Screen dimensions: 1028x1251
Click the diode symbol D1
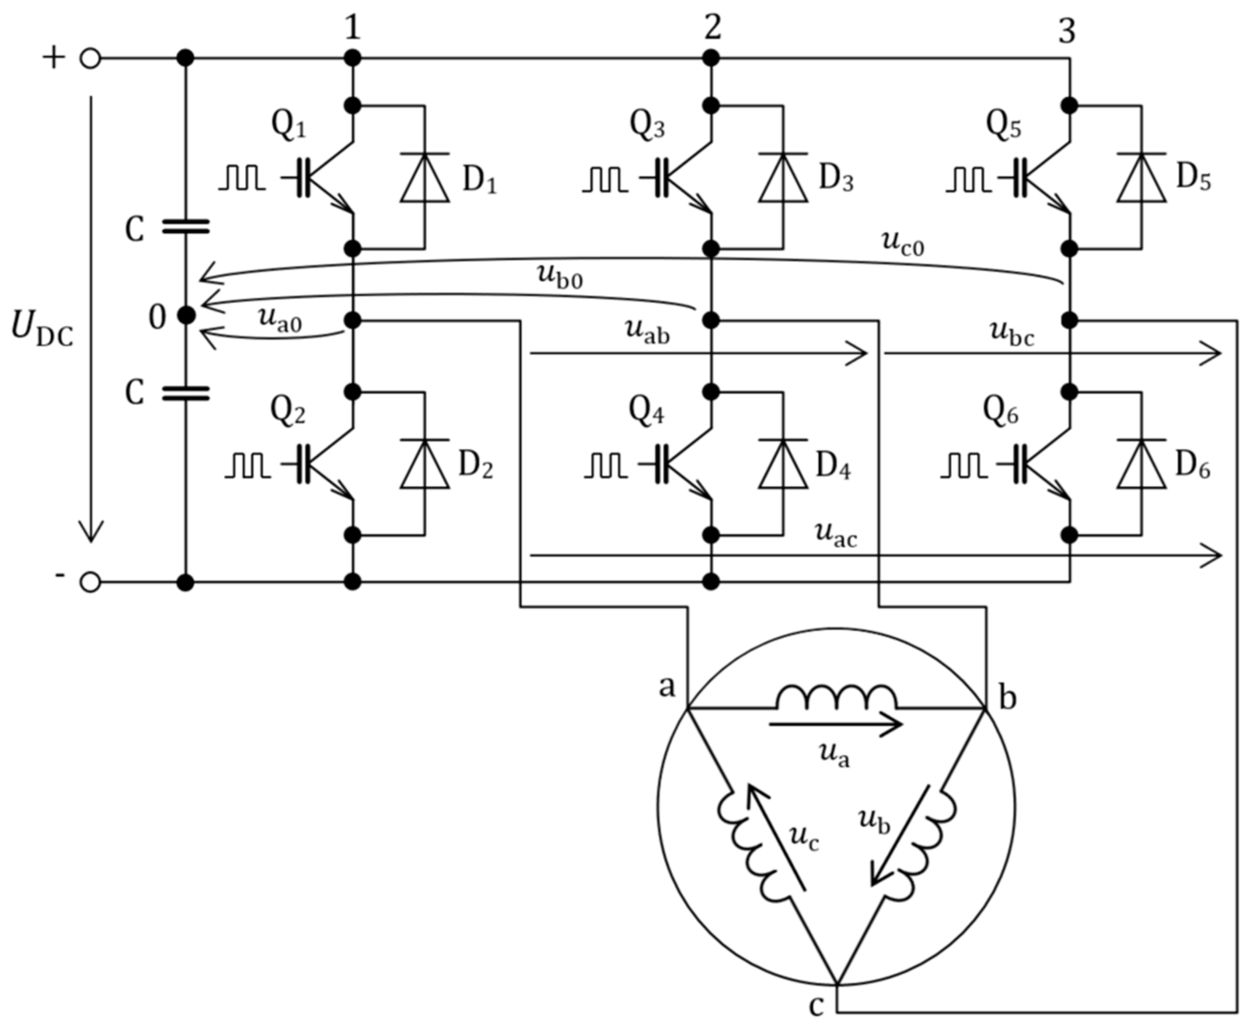pos(424,178)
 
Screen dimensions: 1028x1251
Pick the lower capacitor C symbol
pos(185,393)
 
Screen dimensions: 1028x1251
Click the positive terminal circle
pos(90,59)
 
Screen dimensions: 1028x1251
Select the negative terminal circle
pos(90,583)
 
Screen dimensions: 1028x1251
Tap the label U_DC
pos(41,330)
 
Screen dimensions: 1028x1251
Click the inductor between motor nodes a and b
pos(836,699)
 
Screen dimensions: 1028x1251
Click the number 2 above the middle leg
pos(712,27)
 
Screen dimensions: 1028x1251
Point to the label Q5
pos(1003,126)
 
